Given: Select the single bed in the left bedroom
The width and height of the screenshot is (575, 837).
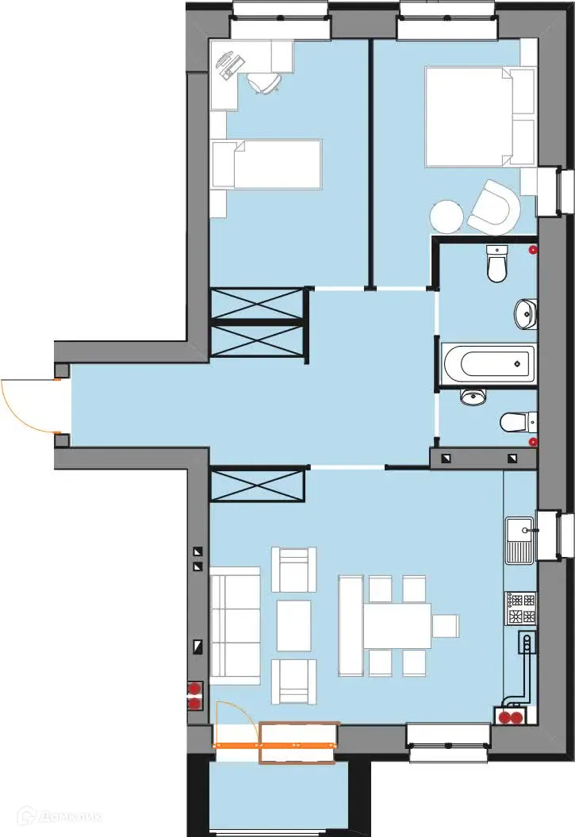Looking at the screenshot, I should click(x=266, y=164).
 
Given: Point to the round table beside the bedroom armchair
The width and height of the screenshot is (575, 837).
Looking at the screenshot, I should click(x=447, y=216).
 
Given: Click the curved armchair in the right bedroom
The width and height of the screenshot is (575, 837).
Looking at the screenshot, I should click(x=493, y=207).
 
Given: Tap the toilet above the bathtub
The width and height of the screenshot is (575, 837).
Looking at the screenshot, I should click(x=497, y=263).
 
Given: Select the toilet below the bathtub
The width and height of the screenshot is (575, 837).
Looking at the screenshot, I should click(x=516, y=421).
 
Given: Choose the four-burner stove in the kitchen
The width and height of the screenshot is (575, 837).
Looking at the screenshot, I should click(x=520, y=608).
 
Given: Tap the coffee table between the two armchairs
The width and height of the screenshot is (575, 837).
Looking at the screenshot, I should click(x=293, y=625).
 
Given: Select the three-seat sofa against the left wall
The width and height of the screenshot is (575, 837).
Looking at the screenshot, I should click(x=235, y=625).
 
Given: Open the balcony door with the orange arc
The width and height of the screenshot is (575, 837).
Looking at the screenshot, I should click(x=236, y=724).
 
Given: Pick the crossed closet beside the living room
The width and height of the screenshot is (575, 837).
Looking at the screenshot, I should click(x=258, y=485).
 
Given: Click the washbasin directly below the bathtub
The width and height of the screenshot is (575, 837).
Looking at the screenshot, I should click(x=473, y=397).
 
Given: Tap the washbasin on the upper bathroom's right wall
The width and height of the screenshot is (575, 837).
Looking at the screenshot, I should click(x=525, y=313).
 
